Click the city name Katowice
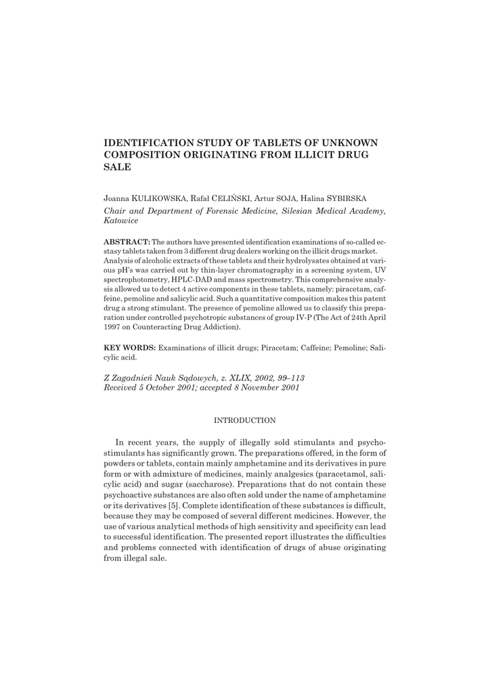(x=120, y=221)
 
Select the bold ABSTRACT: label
(x=127, y=242)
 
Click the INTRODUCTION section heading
(x=244, y=420)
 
